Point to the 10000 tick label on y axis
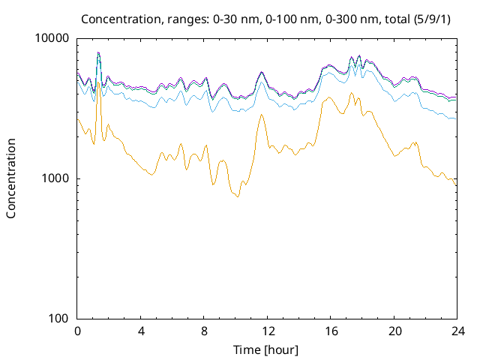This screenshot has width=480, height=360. click(x=53, y=39)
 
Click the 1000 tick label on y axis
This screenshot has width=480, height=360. click(x=56, y=178)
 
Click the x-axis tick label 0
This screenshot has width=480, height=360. click(x=77, y=331)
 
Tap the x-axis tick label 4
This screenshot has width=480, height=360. click(x=141, y=331)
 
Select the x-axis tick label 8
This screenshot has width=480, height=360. click(x=204, y=331)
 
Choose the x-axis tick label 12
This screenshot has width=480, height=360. click(x=266, y=331)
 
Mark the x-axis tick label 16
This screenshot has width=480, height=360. click(x=329, y=331)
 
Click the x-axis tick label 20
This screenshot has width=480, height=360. click(x=393, y=331)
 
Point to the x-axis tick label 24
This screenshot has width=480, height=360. click(x=456, y=331)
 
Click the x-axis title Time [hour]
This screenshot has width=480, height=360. click(x=266, y=349)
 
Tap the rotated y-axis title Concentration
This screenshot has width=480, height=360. click(x=11, y=178)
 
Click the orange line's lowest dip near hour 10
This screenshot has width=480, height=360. click(x=238, y=196)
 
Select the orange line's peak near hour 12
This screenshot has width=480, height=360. click(x=261, y=115)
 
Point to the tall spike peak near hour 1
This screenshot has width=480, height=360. click(x=98, y=52)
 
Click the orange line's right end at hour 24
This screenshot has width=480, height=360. click(x=455, y=185)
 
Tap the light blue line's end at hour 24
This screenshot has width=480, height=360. click(x=455, y=119)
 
